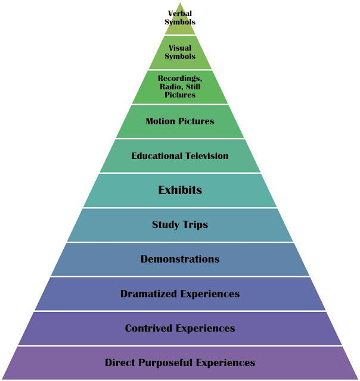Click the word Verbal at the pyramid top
[180, 14]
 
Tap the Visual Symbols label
[180, 52]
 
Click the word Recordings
[180, 79]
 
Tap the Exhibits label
[180, 190]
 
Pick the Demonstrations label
[180, 259]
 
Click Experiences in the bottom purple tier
[225, 363]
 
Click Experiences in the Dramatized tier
[209, 293]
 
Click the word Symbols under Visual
[180, 56]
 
